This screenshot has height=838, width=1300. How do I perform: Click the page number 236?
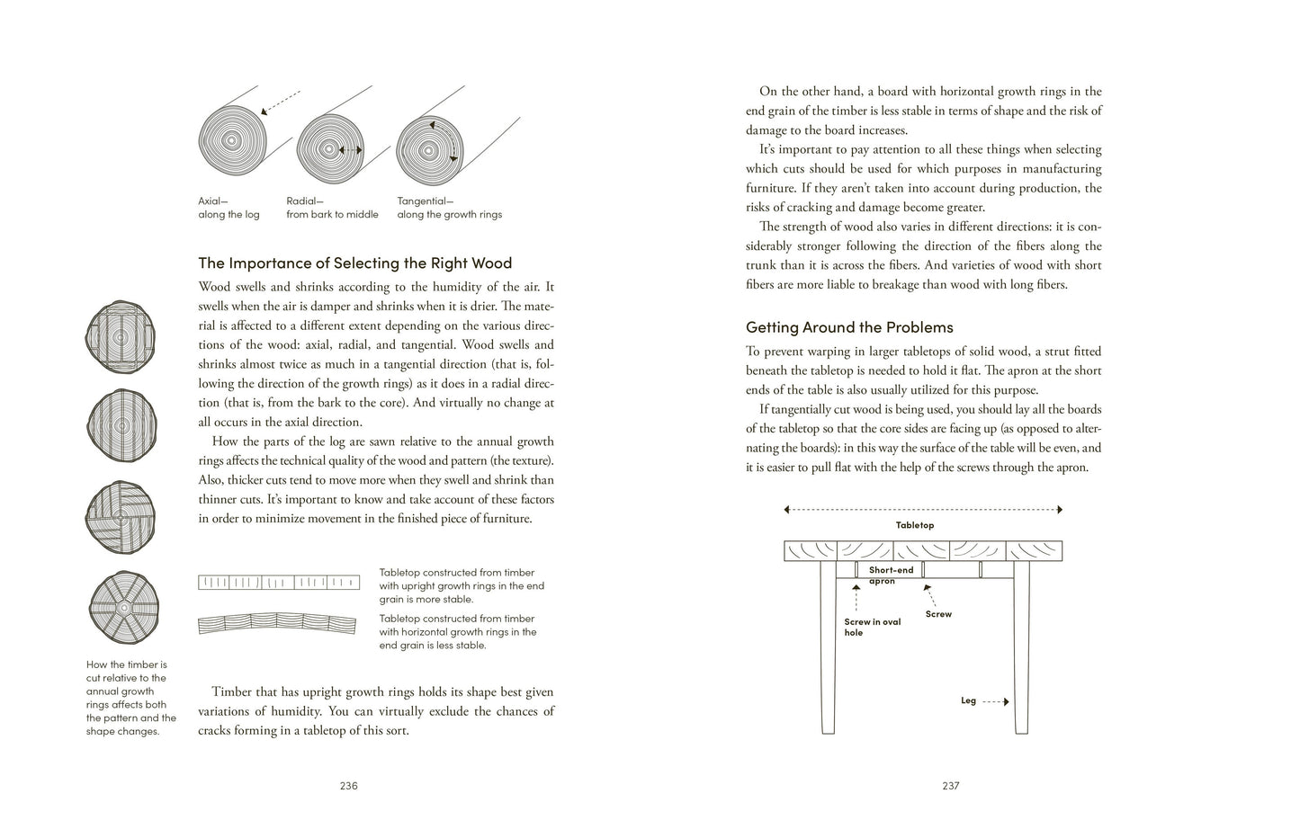pos(348,785)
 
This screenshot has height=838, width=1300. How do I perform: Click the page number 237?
pos(951,785)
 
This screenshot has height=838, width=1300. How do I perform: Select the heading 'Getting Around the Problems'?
pos(849,327)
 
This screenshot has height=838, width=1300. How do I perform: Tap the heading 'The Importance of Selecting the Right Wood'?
pos(354,263)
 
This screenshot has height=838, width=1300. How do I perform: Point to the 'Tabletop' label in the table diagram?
pos(914,525)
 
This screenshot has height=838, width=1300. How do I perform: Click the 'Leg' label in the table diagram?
pos(968,700)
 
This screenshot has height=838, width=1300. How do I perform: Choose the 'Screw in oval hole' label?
pos(872,627)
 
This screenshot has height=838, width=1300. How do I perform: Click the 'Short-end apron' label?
pos(891,575)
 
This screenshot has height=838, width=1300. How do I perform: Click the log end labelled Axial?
pos(233,142)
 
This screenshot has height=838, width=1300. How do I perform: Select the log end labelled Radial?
pos(330,149)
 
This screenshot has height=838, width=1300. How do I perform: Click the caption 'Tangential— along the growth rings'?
pos(449,208)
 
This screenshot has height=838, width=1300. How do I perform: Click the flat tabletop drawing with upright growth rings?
pos(278,583)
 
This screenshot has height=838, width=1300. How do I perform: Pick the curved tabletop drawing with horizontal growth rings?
pos(278,623)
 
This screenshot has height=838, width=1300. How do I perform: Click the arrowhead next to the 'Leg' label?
pos(1006,701)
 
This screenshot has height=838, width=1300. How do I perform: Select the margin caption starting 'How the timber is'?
pos(130,698)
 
